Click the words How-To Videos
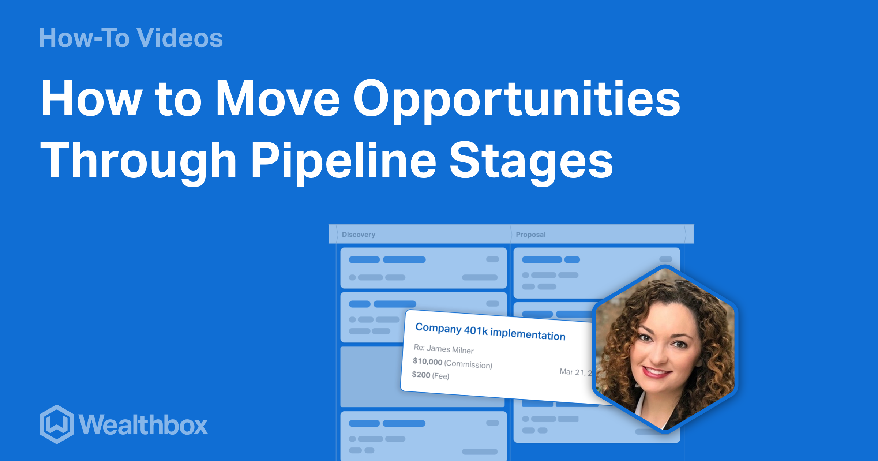click(131, 38)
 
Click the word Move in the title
click(278, 99)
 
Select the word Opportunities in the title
click(516, 99)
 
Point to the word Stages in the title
click(531, 161)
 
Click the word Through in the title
click(138, 161)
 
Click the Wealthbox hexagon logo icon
click(57, 424)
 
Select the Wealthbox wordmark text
click(143, 425)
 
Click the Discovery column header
click(359, 235)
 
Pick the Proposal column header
click(530, 235)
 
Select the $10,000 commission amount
click(427, 361)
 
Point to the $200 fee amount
click(421, 375)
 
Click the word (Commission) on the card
click(468, 364)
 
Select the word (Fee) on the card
click(440, 376)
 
